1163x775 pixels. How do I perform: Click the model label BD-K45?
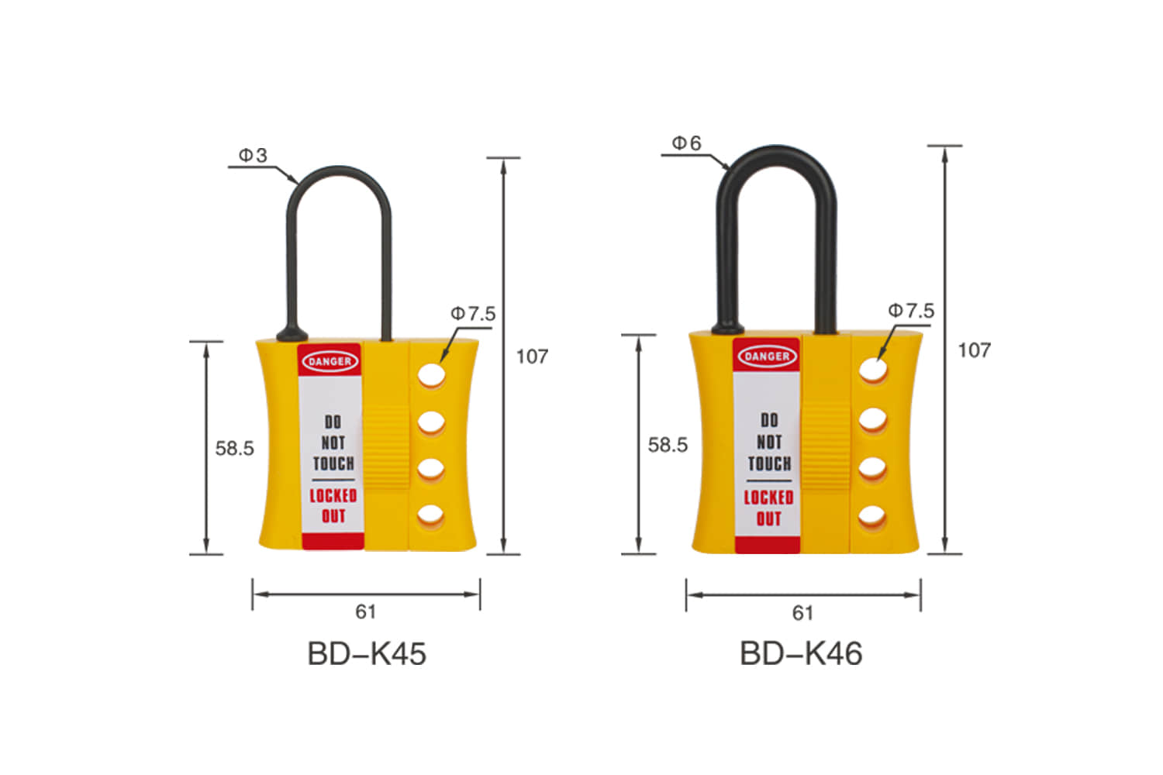coord(367,654)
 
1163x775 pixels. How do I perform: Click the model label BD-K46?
coord(801,654)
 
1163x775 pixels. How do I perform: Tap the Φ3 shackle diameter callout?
coord(253,156)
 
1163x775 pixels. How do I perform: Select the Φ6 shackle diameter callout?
coord(686,143)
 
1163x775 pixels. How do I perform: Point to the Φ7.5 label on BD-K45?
coord(473,314)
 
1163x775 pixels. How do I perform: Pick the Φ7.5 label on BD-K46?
coord(911,311)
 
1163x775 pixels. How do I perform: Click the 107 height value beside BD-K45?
coord(532,356)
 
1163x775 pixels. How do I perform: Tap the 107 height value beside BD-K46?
coord(974,350)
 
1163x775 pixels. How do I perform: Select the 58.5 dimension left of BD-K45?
coord(234,449)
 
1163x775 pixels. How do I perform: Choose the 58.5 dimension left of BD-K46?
coord(668,445)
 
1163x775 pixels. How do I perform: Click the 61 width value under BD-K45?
coord(366,612)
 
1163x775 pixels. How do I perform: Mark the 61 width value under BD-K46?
coord(802,614)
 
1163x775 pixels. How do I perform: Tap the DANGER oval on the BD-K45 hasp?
coord(330,361)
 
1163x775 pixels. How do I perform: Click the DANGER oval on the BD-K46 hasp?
coord(766,356)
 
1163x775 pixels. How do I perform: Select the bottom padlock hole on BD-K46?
coord(872,516)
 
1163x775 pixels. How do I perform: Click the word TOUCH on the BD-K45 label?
coord(333,463)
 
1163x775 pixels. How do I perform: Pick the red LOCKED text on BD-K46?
coord(768,498)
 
